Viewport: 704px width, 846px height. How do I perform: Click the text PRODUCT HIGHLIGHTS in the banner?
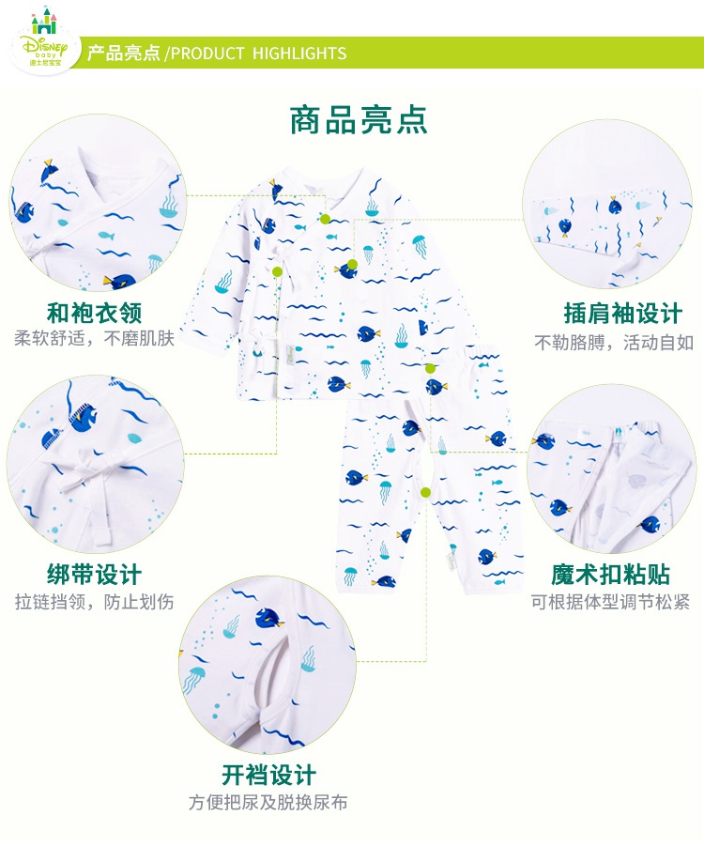(259, 54)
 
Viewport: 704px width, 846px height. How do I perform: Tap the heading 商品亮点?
(359, 120)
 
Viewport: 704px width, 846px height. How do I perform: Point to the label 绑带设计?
(95, 574)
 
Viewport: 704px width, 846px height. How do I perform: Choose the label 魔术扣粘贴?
(610, 574)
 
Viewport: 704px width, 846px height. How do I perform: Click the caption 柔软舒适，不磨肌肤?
(95, 339)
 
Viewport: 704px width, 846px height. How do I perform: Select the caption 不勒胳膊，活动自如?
(614, 342)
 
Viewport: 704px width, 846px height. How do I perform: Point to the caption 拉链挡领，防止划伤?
(95, 601)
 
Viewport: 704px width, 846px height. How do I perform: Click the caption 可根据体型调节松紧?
(610, 601)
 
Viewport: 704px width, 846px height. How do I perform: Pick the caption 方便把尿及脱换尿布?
(269, 803)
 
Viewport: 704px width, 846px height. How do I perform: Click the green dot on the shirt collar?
(325, 219)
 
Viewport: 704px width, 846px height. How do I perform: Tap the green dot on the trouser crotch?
(425, 492)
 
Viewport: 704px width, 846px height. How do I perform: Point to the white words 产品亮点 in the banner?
(123, 54)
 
